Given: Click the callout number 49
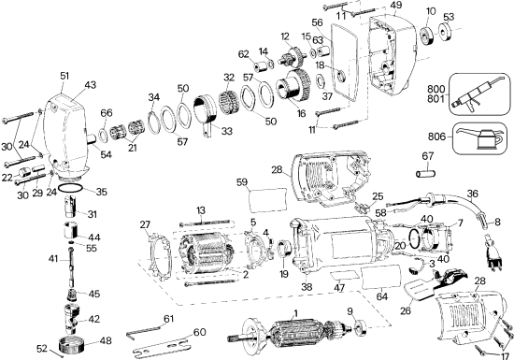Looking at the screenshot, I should (396, 6).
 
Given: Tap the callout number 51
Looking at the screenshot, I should (64, 76).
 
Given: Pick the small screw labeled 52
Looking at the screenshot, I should (61, 353).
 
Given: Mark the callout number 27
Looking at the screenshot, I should (144, 223).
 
